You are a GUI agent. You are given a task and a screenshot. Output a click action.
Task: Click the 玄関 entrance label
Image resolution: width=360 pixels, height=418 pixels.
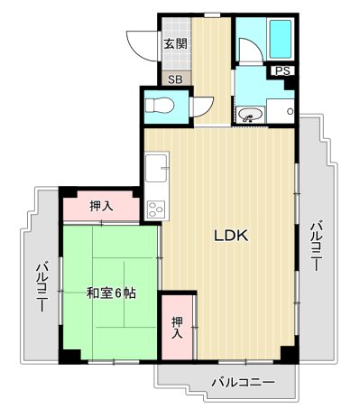click(x=175, y=42)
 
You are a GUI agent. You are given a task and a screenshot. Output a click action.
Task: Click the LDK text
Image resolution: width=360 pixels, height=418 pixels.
click(x=230, y=237)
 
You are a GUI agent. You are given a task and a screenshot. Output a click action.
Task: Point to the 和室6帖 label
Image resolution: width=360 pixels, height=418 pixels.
click(x=111, y=293)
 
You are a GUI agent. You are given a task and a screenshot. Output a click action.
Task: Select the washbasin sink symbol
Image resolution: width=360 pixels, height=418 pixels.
click(x=250, y=115)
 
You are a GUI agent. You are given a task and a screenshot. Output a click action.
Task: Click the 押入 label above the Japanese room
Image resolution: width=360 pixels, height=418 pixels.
click(x=101, y=207)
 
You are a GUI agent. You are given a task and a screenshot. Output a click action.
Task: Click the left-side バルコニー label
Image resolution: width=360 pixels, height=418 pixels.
click(x=42, y=287)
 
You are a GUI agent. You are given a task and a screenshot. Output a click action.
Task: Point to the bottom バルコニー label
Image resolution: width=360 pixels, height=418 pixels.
click(x=243, y=382)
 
